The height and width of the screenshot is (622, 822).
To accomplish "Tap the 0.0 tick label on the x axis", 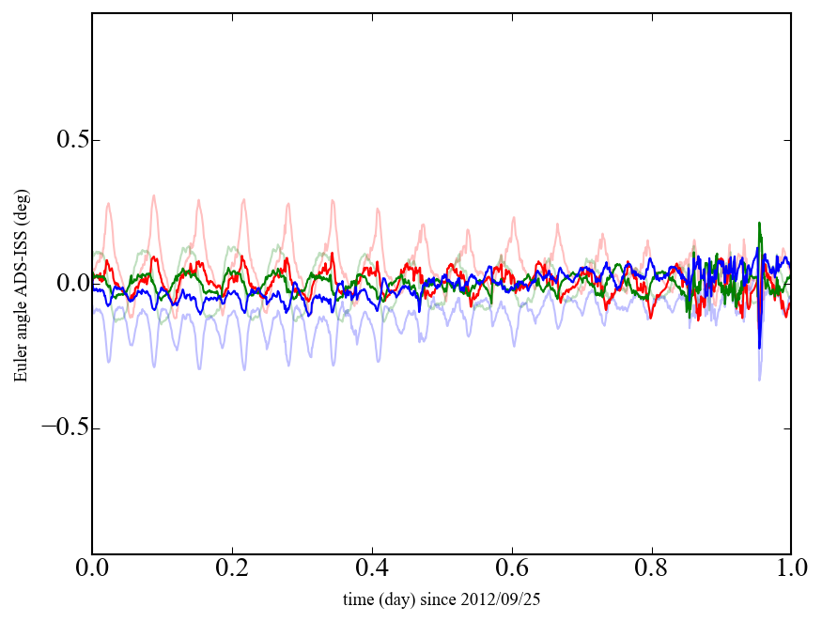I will click(92, 568).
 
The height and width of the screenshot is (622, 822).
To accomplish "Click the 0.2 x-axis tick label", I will click(232, 568).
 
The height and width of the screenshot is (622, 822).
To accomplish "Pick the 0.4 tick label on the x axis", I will click(372, 568).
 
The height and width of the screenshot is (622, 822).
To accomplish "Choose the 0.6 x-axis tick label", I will click(512, 568).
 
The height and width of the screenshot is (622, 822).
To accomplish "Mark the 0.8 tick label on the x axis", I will click(651, 568).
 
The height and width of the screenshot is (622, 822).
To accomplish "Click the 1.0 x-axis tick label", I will click(790, 568).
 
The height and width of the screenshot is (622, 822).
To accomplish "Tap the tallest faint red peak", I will click(153, 195).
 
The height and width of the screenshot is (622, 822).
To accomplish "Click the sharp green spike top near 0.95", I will click(759, 224).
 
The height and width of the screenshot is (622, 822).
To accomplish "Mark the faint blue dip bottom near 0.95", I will click(759, 380).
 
